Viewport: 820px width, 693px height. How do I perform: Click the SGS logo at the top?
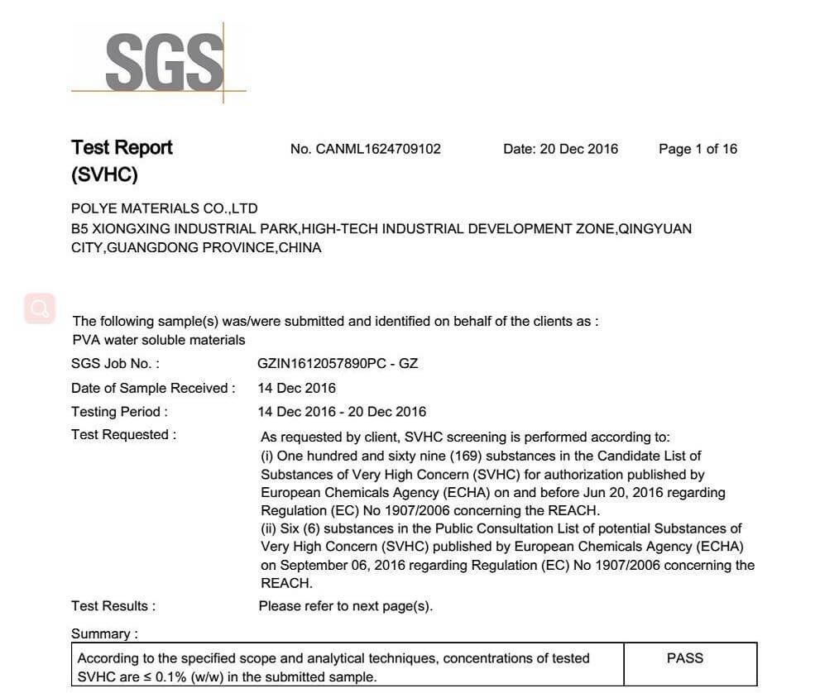[x=164, y=62]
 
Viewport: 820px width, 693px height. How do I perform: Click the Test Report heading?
[x=122, y=148]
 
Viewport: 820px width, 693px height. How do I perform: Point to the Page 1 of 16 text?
[x=698, y=149]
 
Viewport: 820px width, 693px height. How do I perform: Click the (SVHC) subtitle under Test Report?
[x=104, y=175]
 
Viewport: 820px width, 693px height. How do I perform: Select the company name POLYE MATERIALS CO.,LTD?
[x=165, y=208]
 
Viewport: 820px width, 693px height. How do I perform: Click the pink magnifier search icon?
[x=40, y=308]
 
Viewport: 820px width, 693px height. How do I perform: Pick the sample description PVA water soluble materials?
[x=159, y=340]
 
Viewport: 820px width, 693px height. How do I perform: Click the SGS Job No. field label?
[x=116, y=364]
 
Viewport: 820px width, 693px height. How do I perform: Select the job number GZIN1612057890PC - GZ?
[x=338, y=364]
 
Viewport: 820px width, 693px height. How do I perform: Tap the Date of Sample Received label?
[x=153, y=388]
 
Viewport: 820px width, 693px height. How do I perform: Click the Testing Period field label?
[x=120, y=412]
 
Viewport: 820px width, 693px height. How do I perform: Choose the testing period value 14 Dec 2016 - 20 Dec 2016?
[x=342, y=412]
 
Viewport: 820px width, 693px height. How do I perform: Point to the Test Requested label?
[x=123, y=435]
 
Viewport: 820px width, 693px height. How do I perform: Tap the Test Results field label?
[x=113, y=606]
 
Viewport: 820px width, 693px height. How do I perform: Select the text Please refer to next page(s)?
[x=346, y=606]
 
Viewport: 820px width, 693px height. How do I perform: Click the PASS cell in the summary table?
[x=684, y=658]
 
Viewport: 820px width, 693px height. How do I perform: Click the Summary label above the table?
[x=104, y=634]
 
